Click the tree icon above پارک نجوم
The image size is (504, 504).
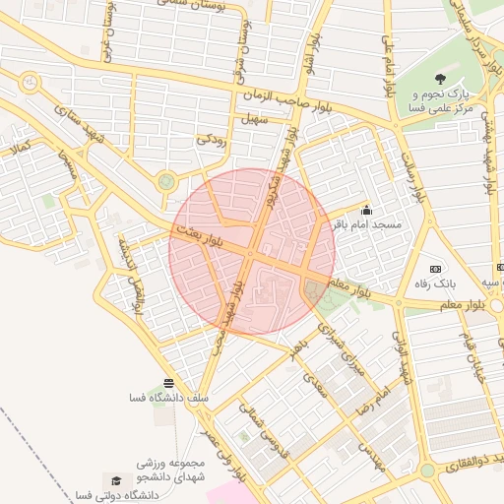click(x=438, y=79)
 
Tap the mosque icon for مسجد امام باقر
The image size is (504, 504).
click(x=367, y=209)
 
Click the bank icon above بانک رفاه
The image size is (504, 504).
click(x=434, y=268)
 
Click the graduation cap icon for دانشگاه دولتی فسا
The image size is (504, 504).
click(x=116, y=480)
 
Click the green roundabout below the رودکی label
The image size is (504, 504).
click(x=166, y=180)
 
